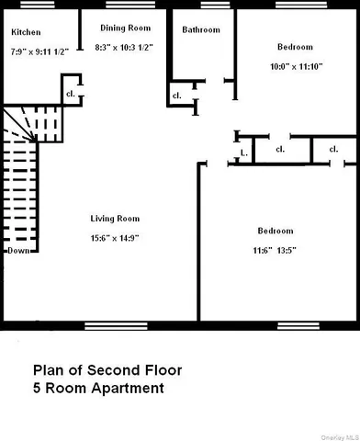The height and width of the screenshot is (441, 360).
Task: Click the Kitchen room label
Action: pyautogui.click(x=25, y=32)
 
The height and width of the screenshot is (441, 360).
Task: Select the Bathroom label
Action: pyautogui.click(x=200, y=29)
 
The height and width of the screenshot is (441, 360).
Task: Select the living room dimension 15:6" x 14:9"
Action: pyautogui.click(x=114, y=238)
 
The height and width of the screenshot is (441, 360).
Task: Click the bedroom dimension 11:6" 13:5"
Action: pyautogui.click(x=275, y=250)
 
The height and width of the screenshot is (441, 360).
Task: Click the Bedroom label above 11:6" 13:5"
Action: pyautogui.click(x=275, y=231)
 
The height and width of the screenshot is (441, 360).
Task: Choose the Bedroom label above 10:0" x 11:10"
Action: pyautogui.click(x=295, y=47)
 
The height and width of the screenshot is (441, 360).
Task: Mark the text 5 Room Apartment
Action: pyautogui.click(x=98, y=389)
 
